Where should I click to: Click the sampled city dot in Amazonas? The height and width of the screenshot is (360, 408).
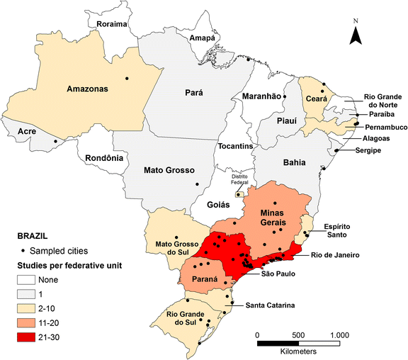[127, 77]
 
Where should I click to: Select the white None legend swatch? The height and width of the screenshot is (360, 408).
[28, 279]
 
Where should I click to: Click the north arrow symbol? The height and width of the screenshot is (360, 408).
[358, 32]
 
